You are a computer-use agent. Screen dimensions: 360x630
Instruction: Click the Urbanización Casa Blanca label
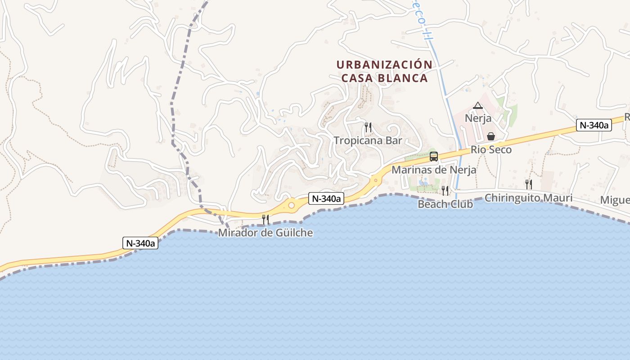(x=384, y=71)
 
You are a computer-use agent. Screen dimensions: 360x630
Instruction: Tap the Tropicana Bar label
(x=368, y=140)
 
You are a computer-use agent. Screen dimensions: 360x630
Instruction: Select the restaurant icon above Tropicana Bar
(x=368, y=127)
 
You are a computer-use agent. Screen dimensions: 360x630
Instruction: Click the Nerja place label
(x=478, y=119)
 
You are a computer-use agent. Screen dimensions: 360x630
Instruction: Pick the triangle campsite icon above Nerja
(x=478, y=106)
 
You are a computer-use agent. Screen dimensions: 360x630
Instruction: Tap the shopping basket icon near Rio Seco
(x=490, y=136)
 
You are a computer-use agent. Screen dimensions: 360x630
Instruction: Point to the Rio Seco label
(x=491, y=150)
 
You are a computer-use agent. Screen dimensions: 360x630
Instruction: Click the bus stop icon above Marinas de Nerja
(x=434, y=157)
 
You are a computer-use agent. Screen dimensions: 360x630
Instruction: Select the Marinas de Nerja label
(x=434, y=170)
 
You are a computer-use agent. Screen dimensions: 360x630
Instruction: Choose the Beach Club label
(x=445, y=204)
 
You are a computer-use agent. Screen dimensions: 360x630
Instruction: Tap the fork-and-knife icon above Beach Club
(x=445, y=191)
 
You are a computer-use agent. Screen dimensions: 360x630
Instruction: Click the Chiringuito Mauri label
(x=528, y=198)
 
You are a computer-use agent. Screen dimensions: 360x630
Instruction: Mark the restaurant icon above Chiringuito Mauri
(x=529, y=184)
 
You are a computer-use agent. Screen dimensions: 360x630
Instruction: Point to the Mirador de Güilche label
(x=265, y=233)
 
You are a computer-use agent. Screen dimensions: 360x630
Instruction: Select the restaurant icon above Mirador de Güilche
(x=265, y=220)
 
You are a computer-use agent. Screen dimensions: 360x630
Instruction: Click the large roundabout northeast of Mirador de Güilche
(x=292, y=206)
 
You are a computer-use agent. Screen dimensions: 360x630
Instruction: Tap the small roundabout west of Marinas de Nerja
(x=375, y=180)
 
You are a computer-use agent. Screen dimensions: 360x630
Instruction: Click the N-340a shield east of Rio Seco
(x=594, y=126)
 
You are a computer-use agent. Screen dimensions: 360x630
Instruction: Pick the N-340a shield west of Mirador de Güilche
(x=140, y=243)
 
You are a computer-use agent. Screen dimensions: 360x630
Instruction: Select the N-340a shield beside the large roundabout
(x=326, y=198)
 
